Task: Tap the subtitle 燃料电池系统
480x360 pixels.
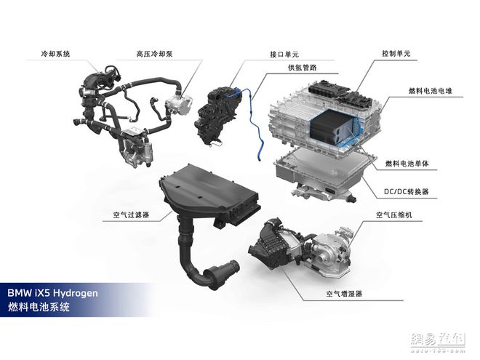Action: point(38,308)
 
